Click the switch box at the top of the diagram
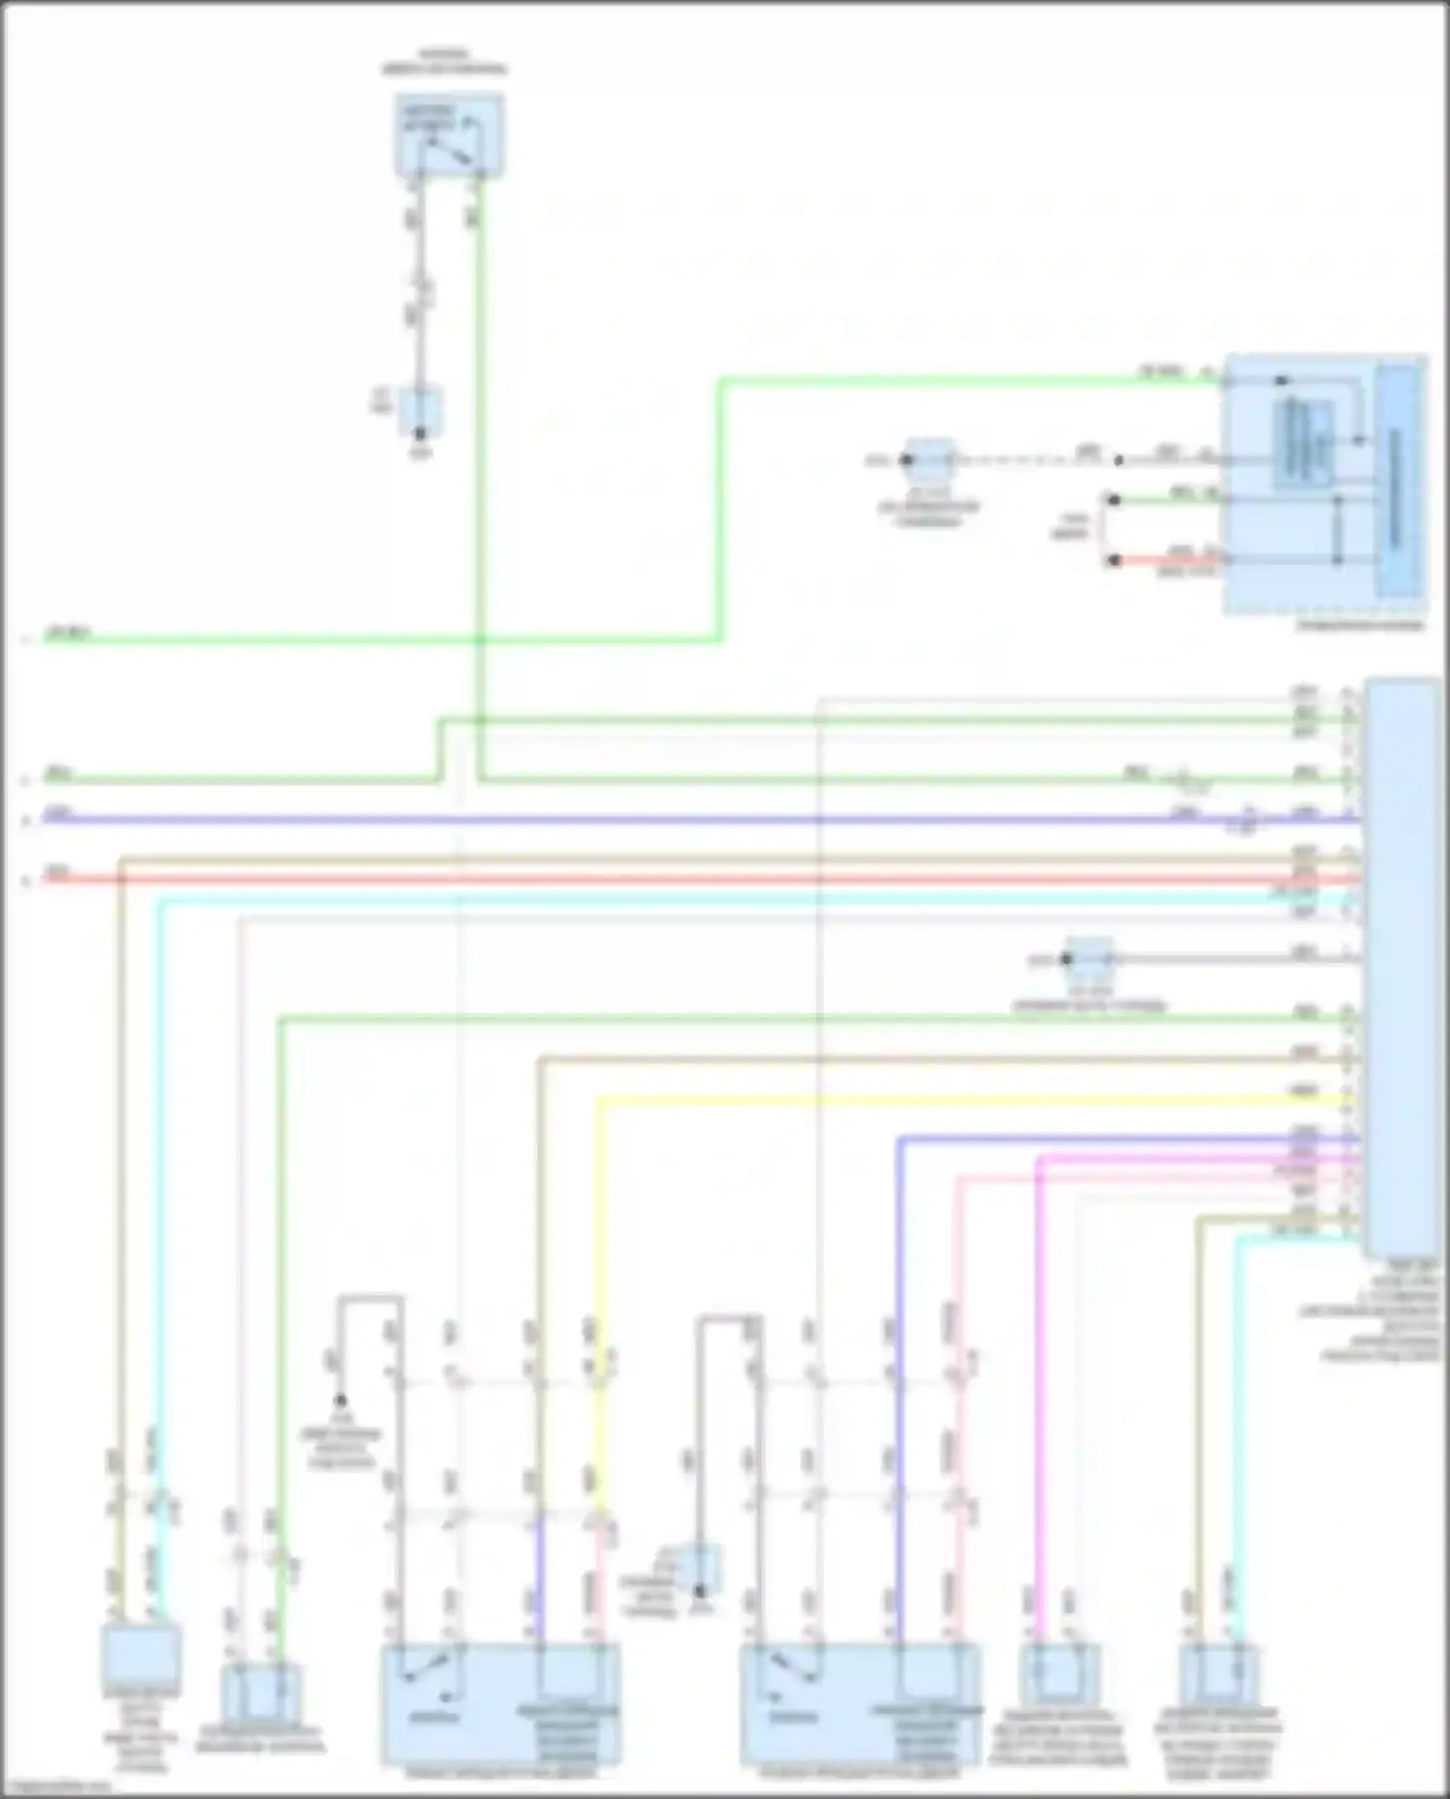tap(449, 135)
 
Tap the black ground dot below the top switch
tap(420, 434)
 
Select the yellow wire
tap(967, 1099)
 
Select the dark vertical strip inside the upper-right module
tap(1398, 480)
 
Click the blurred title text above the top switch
tap(444, 62)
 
